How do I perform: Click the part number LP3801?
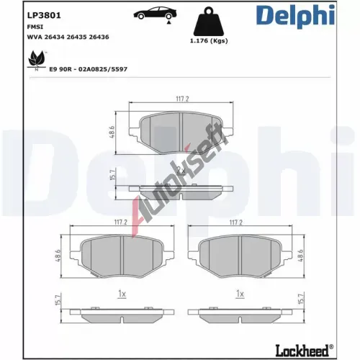(44, 15)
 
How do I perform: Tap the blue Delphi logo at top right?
(295, 16)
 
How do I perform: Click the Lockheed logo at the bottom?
(304, 351)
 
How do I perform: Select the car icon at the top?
(155, 14)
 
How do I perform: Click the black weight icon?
(209, 22)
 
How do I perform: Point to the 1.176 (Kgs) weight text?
(209, 41)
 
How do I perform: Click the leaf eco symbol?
(37, 60)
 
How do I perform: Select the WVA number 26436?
(99, 37)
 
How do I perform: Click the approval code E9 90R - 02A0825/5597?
(88, 69)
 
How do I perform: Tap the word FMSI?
(35, 27)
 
